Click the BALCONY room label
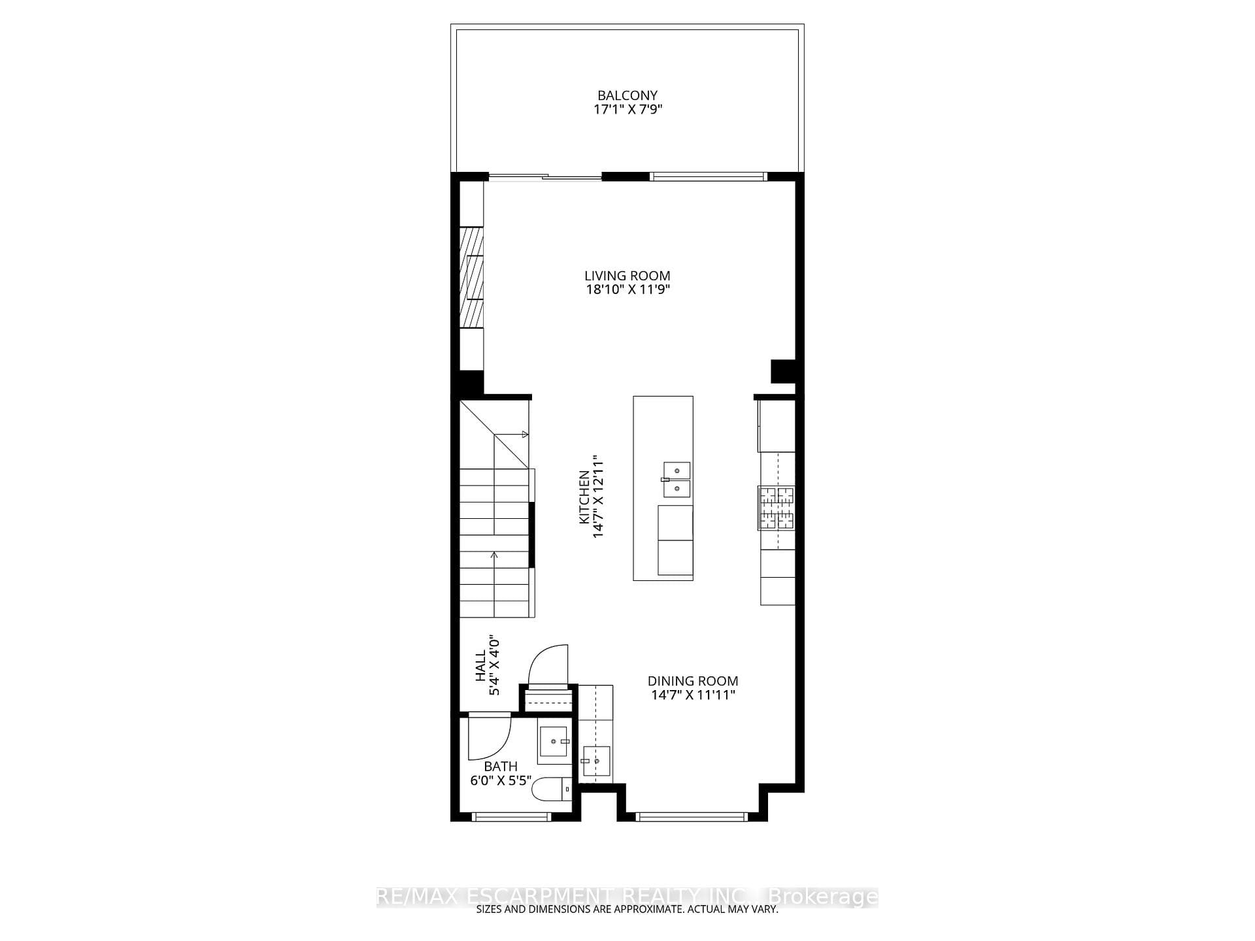627,95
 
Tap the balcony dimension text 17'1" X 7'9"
627,110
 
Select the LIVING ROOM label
627,276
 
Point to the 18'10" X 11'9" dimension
627,289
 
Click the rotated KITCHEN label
584,497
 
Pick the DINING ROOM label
693,681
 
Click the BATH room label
501,766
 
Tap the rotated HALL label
481,665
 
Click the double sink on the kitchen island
677,480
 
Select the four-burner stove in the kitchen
777,508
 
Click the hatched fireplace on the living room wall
471,277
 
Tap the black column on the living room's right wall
783,371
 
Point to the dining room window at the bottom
691,816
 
